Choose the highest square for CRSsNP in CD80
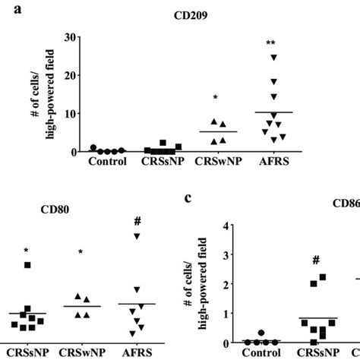(27, 265)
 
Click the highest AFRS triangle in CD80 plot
(137, 237)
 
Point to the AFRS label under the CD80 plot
(137, 353)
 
